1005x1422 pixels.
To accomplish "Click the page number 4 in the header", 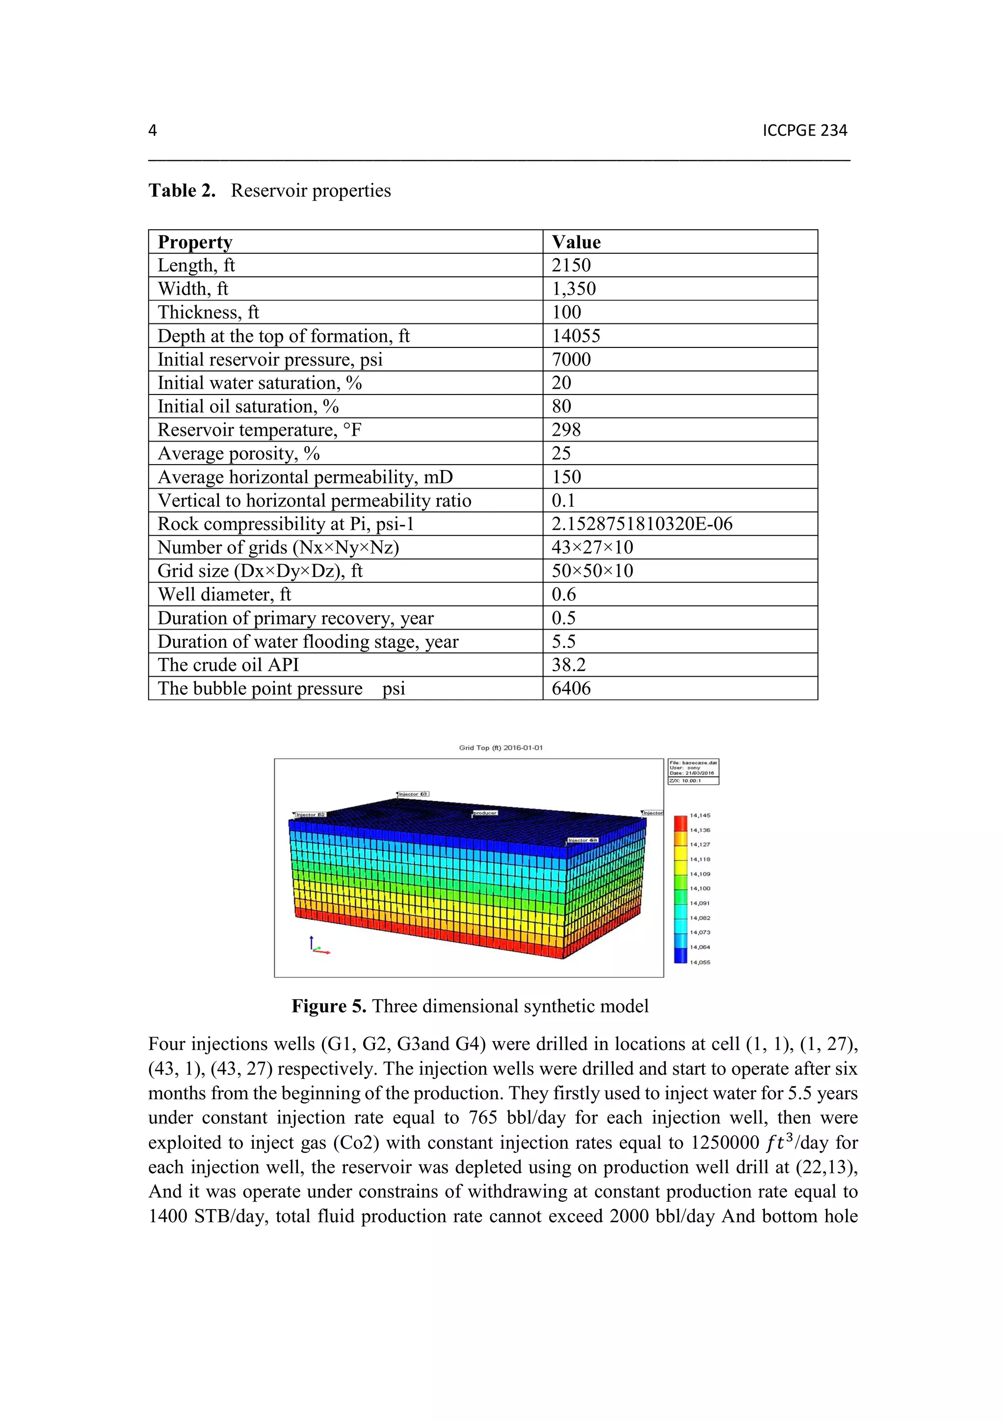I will coord(152,130).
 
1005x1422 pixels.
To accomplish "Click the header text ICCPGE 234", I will coord(804,130).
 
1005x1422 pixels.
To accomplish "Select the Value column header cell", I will coord(576,241).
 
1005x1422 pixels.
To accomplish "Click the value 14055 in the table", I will coord(576,336).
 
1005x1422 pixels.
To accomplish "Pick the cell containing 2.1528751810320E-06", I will coord(641,524).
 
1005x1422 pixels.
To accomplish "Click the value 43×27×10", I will coord(592,548).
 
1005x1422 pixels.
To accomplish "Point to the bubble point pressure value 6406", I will coord(571,688).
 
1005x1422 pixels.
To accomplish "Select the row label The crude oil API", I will coord(228,664).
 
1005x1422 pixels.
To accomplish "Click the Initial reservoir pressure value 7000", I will coord(571,359).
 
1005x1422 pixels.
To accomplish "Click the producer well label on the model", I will coord(485,813).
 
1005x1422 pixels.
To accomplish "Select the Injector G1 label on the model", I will coord(653,813).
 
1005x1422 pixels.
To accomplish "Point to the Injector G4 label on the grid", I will coord(582,841).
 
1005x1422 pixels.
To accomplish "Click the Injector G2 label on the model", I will coord(310,815).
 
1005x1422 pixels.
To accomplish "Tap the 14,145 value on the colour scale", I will coord(700,816).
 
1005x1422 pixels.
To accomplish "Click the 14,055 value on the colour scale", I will coord(700,962).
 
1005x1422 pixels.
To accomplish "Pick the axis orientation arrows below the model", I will coord(317,946).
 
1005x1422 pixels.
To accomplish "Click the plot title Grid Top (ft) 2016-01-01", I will coord(501,747).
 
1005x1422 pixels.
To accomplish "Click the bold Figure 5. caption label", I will coord(329,1006).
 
